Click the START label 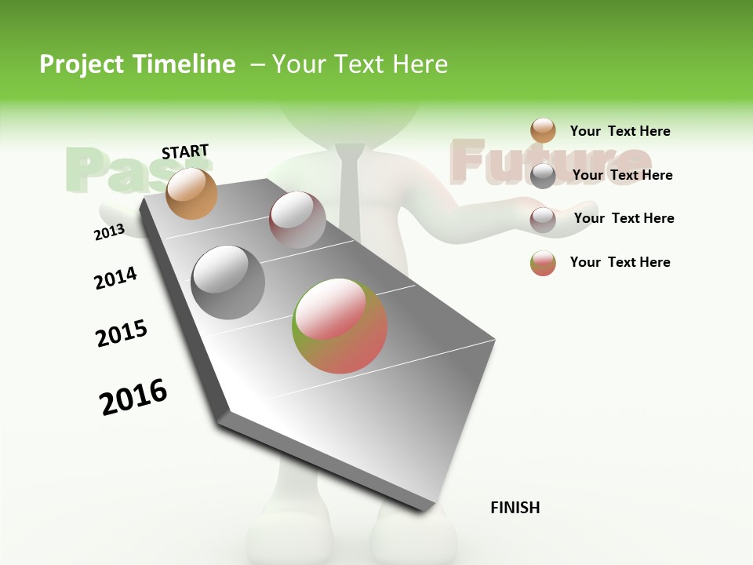tap(185, 151)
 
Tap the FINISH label tap(515, 508)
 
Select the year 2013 tap(109, 231)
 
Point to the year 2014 tap(115, 278)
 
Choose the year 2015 tap(122, 334)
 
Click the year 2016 tap(133, 396)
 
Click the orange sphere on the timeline tap(192, 193)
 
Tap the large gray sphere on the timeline tap(227, 282)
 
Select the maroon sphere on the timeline tap(297, 220)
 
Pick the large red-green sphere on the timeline tap(340, 325)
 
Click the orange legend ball tap(543, 131)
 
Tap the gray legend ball tap(543, 176)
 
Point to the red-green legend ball tap(543, 263)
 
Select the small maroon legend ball tap(543, 219)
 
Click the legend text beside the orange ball tap(620, 131)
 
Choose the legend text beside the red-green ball tap(620, 262)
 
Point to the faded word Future tap(549, 162)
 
